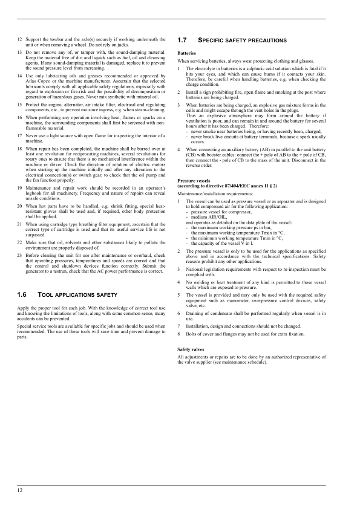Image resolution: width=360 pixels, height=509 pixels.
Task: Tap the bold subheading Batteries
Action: [x=186, y=53]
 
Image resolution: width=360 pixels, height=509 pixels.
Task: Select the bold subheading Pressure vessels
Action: [x=194, y=180]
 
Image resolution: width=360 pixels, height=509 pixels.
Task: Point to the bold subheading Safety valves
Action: [x=191, y=349]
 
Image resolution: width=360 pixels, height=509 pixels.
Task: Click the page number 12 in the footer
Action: [x=20, y=490]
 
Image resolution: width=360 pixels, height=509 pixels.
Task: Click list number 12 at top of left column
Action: [x=19, y=37]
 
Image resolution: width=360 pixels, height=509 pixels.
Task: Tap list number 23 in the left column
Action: [x=19, y=254]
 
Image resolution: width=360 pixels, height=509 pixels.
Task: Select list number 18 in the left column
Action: [x=19, y=148]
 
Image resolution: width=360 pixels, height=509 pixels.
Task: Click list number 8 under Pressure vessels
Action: [x=179, y=334]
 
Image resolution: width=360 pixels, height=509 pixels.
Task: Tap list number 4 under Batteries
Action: [x=179, y=149]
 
